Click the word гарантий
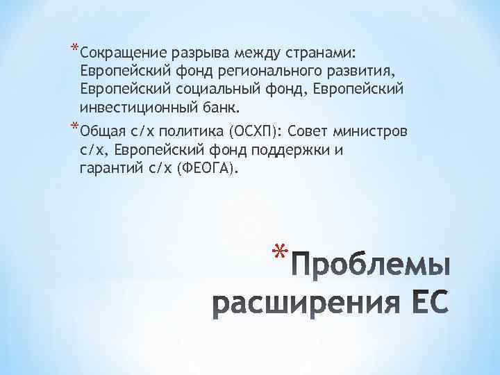point(112,169)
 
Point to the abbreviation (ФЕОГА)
point(210,169)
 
